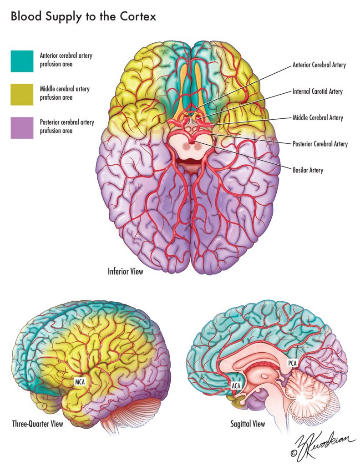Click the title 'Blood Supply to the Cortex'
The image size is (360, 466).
tap(84, 18)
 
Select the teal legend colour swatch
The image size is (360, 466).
tap(22, 61)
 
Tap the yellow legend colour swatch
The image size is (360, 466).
tap(22, 94)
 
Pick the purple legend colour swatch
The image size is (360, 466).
tap(22, 128)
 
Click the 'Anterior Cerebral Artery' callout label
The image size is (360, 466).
tap(319, 65)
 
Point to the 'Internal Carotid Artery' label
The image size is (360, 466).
tap(317, 91)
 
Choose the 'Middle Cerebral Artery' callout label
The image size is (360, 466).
tap(318, 118)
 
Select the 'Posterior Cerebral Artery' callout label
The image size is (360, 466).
tap(319, 144)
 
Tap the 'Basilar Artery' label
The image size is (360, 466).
tap(308, 171)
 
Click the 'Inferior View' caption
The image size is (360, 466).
tap(125, 272)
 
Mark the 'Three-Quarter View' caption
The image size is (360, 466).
tap(37, 424)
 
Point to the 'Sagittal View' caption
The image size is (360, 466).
tap(248, 424)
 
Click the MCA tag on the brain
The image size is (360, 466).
tap(81, 381)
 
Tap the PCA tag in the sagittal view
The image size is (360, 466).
tap(292, 364)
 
